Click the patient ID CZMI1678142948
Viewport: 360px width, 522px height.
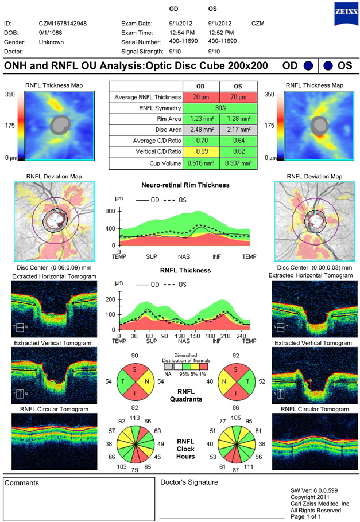[x=63, y=24]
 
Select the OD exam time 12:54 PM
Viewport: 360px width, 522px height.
[x=181, y=33]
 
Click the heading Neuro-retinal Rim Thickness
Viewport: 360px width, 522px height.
[x=185, y=185]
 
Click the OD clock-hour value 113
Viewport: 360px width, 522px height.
[x=136, y=418]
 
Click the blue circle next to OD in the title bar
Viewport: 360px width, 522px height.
[x=308, y=65]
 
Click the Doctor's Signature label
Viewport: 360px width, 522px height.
[x=189, y=482]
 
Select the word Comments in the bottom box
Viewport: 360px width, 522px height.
[x=22, y=483]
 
